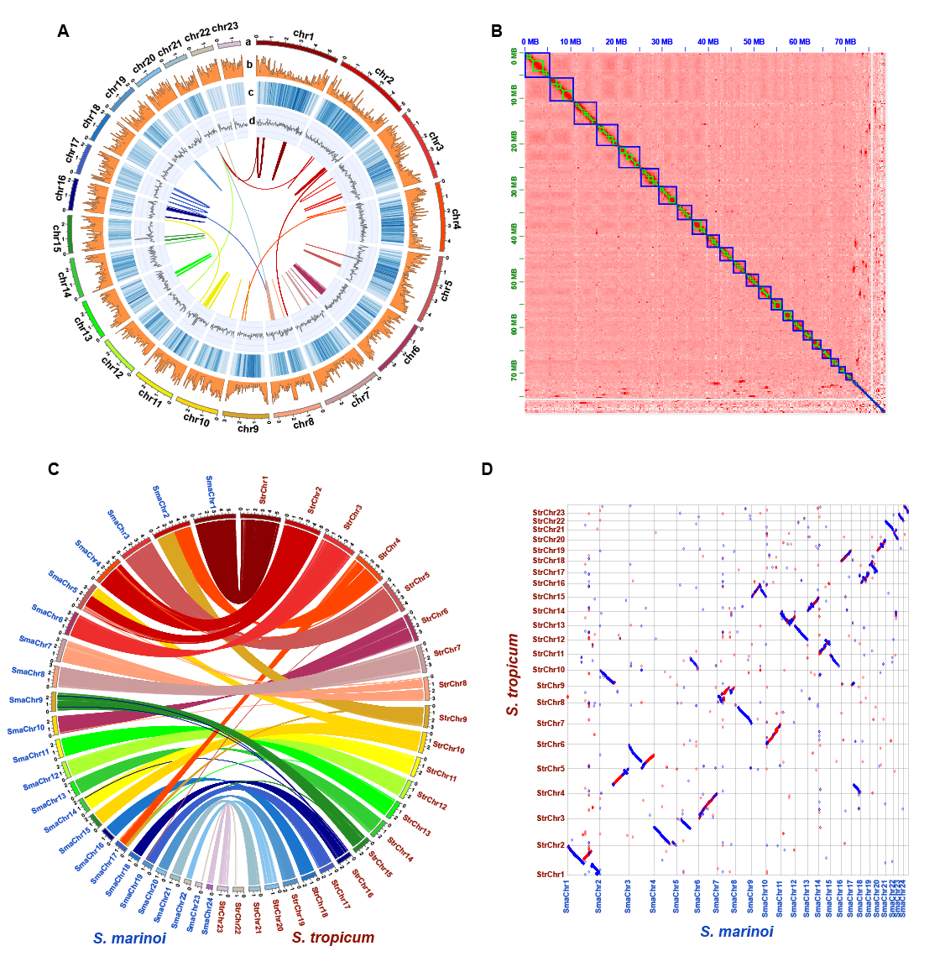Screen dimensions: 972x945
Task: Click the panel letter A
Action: click(64, 32)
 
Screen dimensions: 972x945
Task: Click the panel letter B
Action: click(497, 32)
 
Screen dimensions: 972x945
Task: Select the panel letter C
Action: click(54, 469)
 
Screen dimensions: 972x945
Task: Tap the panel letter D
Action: click(487, 469)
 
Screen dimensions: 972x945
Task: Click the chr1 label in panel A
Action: click(304, 35)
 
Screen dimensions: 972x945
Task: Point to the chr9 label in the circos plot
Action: click(248, 429)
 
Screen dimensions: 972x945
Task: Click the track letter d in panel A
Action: click(252, 121)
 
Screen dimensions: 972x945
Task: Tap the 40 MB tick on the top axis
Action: click(707, 41)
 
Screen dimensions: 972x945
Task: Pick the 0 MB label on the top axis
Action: click(531, 41)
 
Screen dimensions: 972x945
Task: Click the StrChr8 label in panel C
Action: click(453, 684)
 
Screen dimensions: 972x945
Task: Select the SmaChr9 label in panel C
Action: click(26, 700)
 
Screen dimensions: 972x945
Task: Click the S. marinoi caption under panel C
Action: click(130, 938)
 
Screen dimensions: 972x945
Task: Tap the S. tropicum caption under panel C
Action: click(333, 938)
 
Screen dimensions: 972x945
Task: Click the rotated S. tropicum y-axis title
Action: click(513, 674)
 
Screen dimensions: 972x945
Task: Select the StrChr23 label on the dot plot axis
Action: click(549, 513)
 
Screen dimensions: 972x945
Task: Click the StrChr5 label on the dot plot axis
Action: click(551, 769)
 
